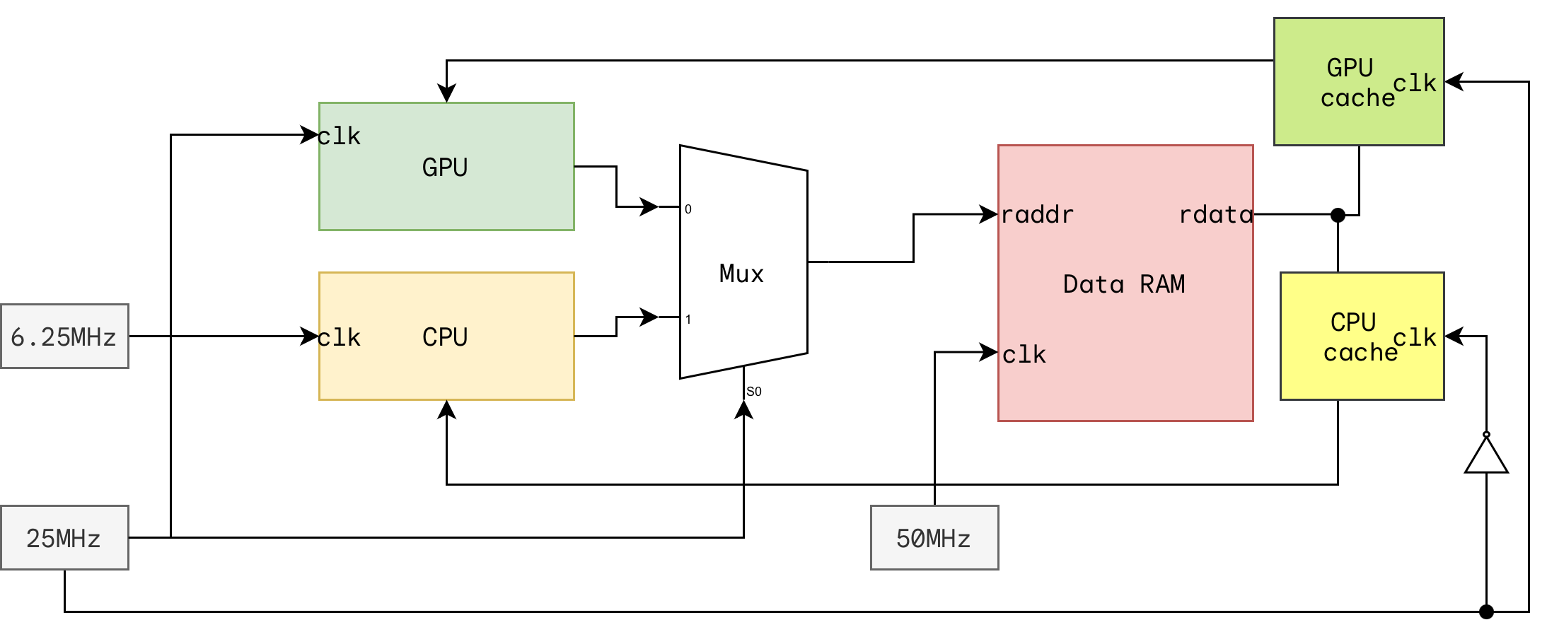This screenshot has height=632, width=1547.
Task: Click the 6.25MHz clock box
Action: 64,337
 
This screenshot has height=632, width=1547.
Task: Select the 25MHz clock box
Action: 64,538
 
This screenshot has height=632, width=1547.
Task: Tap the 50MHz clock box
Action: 934,538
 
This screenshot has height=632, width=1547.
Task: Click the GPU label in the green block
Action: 445,168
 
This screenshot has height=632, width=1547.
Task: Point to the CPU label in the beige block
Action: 445,337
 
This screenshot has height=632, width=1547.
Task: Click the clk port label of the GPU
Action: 340,136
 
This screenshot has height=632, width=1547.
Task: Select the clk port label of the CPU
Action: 340,338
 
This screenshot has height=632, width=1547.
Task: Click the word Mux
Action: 741,274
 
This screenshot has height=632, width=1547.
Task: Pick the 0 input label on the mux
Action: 688,209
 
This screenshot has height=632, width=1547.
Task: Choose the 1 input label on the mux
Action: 688,320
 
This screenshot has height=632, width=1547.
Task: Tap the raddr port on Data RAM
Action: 1038,214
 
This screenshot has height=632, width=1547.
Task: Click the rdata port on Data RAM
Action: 1215,214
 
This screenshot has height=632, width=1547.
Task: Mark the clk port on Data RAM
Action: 1024,354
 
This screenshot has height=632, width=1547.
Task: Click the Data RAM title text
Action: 1124,284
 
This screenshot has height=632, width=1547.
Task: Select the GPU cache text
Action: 1355,83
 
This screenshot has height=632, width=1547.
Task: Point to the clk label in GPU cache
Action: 1415,83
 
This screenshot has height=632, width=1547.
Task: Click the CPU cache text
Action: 1357,337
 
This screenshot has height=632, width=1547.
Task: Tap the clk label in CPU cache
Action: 1415,337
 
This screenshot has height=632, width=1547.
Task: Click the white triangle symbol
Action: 1486,457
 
